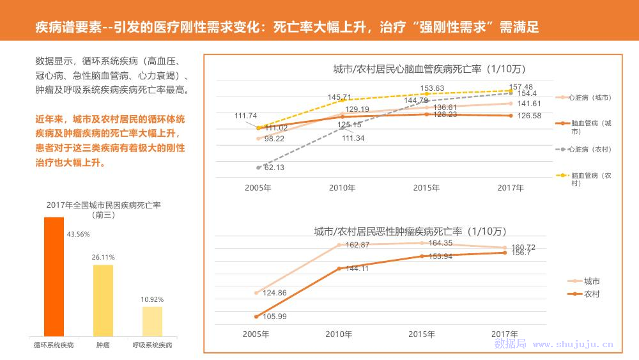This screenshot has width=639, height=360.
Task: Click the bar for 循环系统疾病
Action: (54, 276)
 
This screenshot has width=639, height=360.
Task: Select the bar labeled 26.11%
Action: (103, 300)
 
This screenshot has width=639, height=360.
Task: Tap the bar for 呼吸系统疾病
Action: (152, 321)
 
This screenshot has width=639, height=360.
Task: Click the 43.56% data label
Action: (79, 234)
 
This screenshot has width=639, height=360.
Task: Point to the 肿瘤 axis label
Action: (103, 345)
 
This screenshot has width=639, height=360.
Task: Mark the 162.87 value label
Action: (357, 245)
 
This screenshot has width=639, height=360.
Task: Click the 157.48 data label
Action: (521, 87)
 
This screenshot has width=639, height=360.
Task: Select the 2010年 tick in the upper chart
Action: (342, 188)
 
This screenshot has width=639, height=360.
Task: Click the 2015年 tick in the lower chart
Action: (422, 334)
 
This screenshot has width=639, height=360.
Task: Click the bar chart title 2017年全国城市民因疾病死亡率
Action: (103, 205)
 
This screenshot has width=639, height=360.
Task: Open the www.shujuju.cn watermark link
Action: (573, 344)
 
